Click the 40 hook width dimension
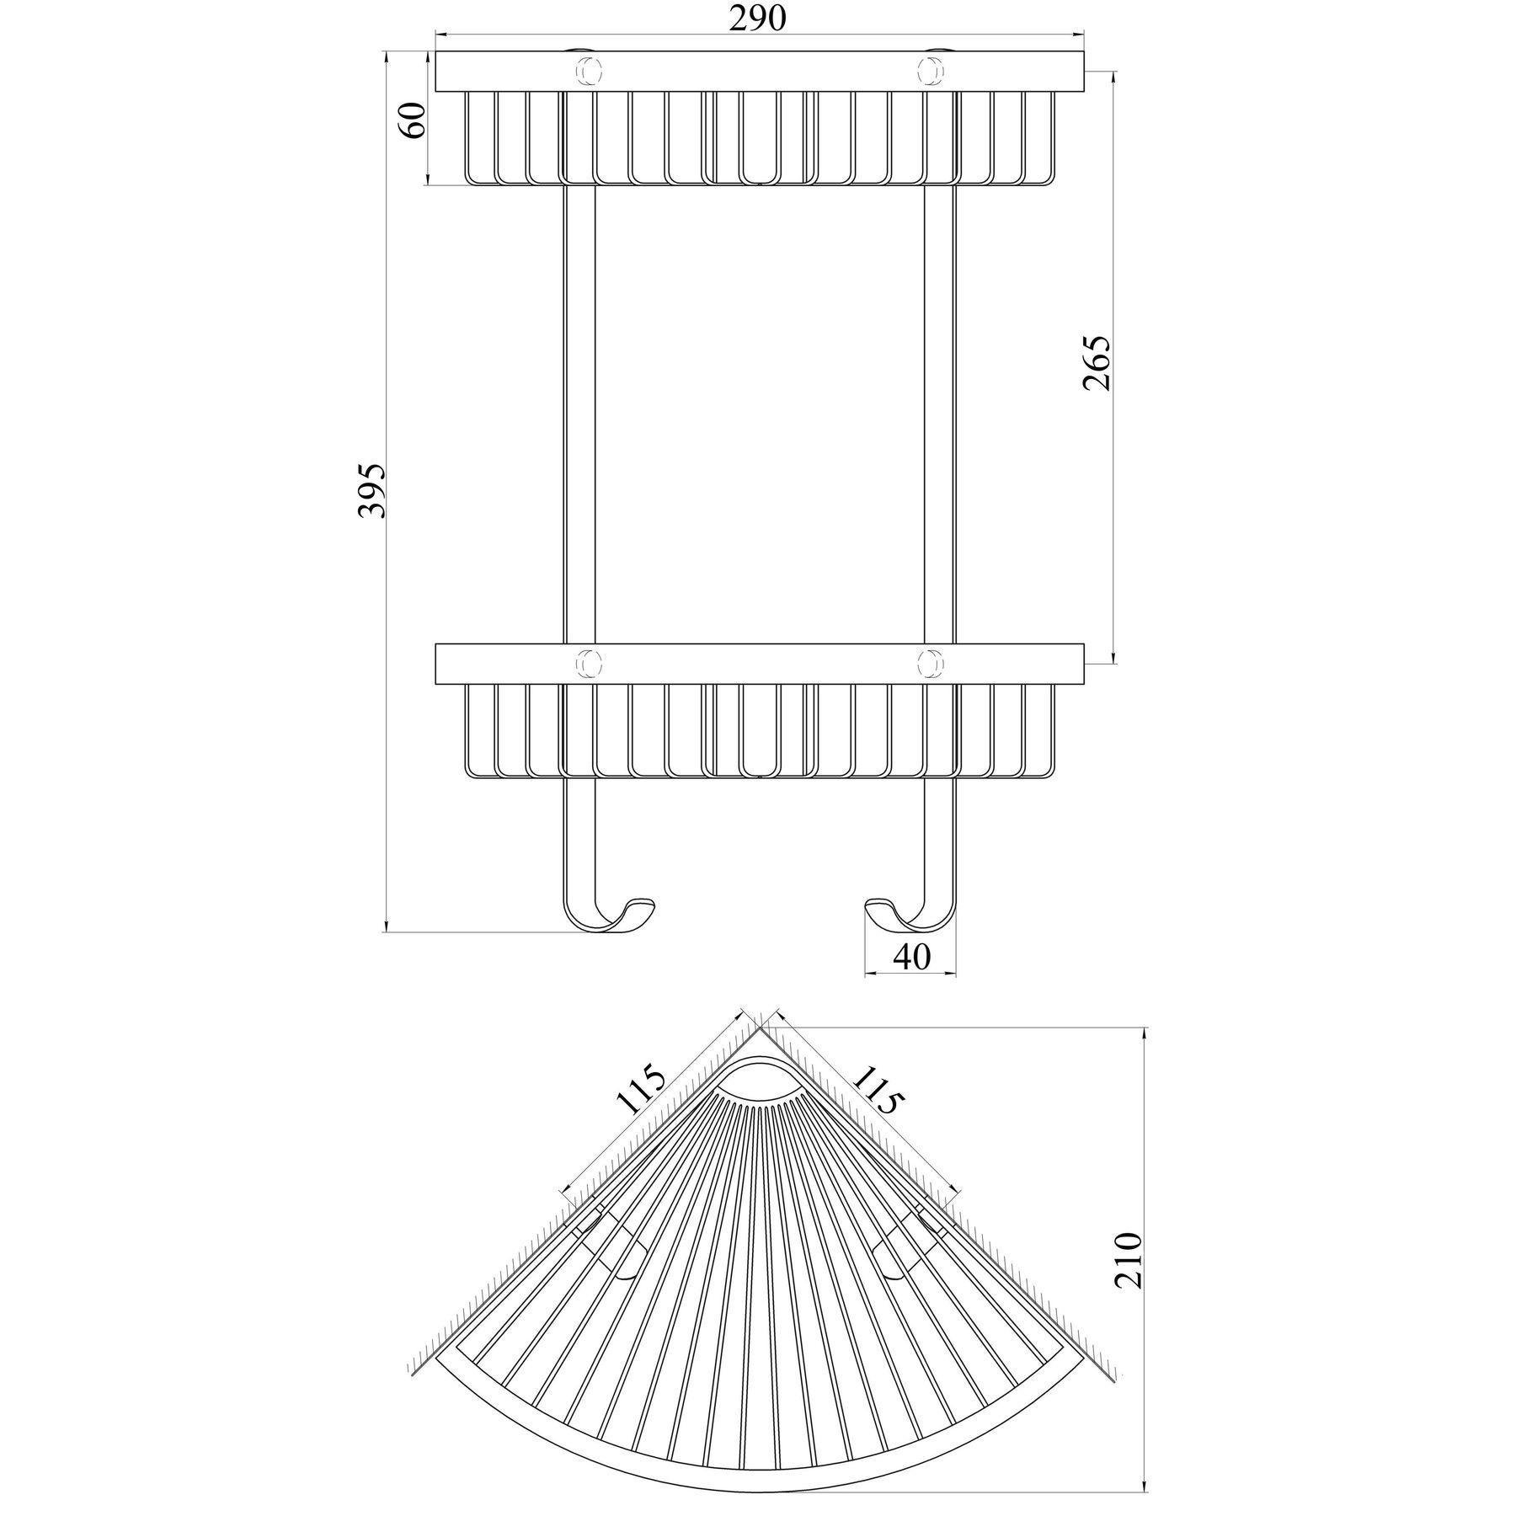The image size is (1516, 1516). pyautogui.click(x=910, y=958)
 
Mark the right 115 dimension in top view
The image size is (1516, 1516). pyautogui.click(x=879, y=1088)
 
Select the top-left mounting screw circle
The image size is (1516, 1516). pyautogui.click(x=587, y=71)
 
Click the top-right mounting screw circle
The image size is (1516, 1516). pyautogui.click(x=931, y=71)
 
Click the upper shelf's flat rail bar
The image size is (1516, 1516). pyautogui.click(x=758, y=72)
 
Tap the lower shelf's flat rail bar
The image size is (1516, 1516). pyautogui.click(x=758, y=664)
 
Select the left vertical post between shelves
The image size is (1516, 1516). pyautogui.click(x=579, y=413)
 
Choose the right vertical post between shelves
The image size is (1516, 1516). pyautogui.click(x=940, y=413)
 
